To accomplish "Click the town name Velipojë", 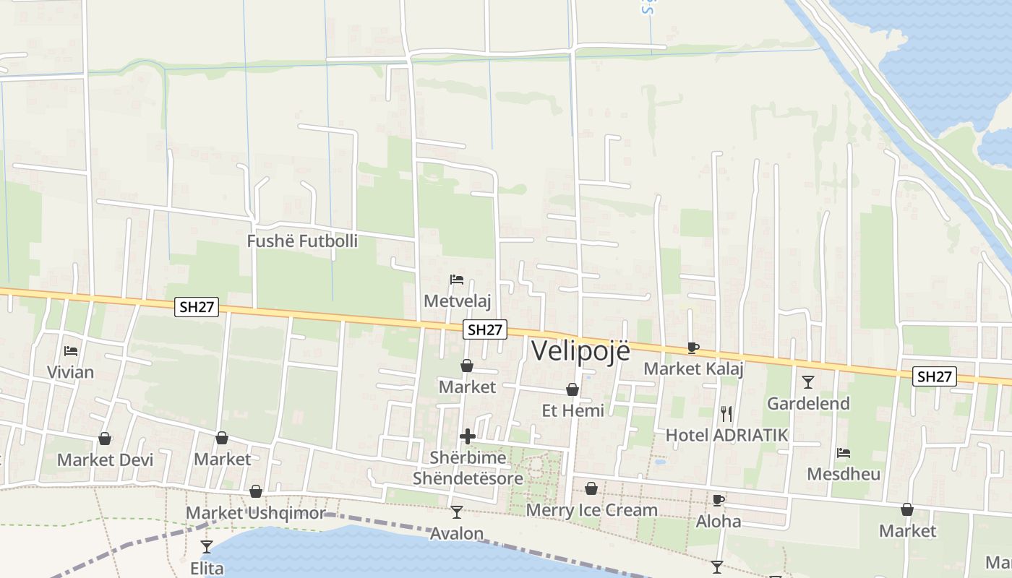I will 580,350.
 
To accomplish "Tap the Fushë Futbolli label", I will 302,241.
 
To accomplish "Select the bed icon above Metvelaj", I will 456,280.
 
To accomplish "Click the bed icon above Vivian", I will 70,351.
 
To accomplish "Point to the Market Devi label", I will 106,460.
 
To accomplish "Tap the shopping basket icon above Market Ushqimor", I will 256,491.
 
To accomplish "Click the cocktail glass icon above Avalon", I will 456,512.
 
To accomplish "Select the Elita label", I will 207,568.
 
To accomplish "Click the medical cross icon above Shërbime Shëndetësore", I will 468,436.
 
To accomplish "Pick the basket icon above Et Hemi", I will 573,389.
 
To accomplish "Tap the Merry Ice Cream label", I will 592,510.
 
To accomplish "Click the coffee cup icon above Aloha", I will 718,500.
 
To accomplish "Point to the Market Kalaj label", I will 693,368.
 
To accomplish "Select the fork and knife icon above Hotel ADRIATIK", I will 726,413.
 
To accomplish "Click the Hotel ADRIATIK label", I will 726,435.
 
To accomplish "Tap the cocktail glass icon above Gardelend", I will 808,382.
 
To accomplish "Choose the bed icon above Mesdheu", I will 843,453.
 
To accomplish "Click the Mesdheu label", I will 844,474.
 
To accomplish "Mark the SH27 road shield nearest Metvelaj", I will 485,329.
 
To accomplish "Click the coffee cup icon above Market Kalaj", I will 692,348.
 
